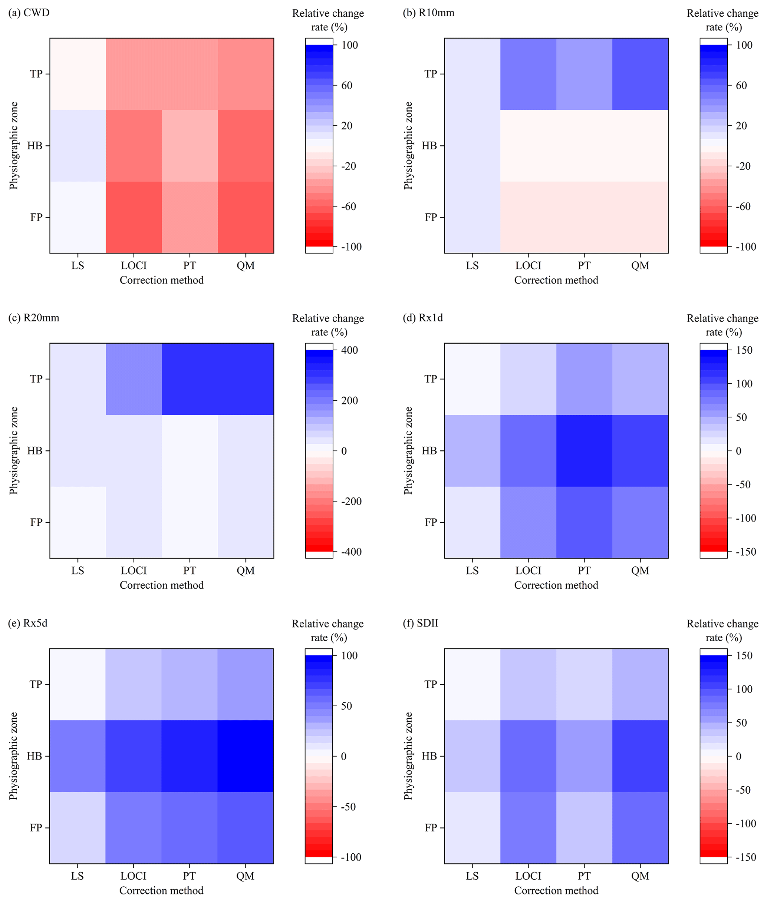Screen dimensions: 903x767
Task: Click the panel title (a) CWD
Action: pyautogui.click(x=29, y=13)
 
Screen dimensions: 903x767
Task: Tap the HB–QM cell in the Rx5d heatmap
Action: pyautogui.click(x=245, y=756)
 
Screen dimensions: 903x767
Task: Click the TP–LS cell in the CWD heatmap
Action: pyautogui.click(x=78, y=74)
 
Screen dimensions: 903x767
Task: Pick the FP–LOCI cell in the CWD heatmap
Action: pyautogui.click(x=134, y=217)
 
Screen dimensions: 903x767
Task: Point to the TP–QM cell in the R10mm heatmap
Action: pyautogui.click(x=640, y=74)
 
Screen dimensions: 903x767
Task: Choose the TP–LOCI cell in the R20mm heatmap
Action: pyautogui.click(x=134, y=379)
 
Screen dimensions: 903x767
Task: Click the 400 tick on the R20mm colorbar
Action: pyautogui.click(x=349, y=350)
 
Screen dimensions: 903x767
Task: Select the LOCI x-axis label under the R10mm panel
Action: pyautogui.click(x=528, y=265)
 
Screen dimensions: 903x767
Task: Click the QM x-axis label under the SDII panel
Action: pyautogui.click(x=640, y=876)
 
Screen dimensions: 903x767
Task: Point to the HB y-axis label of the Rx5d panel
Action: pyautogui.click(x=35, y=756)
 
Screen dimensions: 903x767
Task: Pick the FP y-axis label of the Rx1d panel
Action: pyautogui.click(x=431, y=522)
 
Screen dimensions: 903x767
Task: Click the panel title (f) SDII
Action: pyautogui.click(x=421, y=623)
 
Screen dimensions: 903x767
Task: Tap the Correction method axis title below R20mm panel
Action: pyautogui.click(x=162, y=585)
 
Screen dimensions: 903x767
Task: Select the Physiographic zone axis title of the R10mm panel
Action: pyautogui.click(x=408, y=146)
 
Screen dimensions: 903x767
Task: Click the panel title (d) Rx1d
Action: pyautogui.click(x=423, y=318)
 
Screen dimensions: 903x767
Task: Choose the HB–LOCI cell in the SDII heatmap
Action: pyautogui.click(x=528, y=756)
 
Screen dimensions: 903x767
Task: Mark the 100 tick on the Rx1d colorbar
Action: pyautogui.click(x=744, y=384)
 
